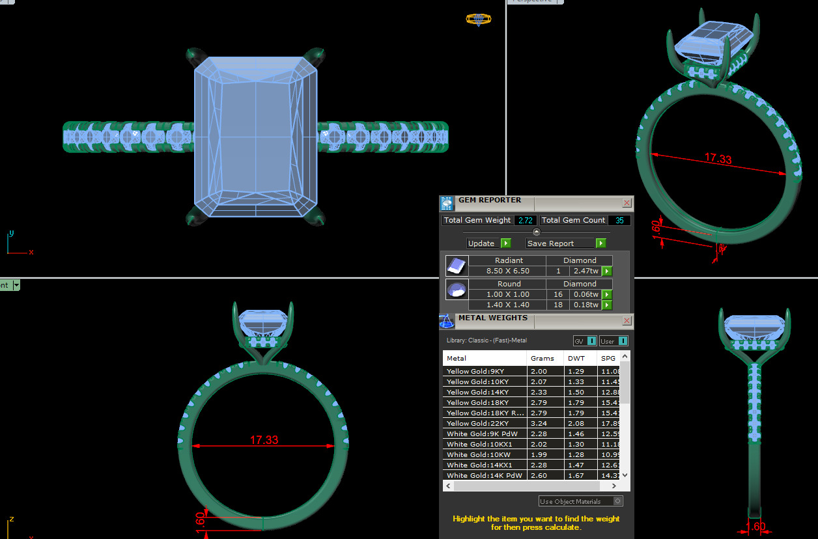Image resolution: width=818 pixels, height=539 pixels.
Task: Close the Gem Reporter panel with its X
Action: tap(627, 203)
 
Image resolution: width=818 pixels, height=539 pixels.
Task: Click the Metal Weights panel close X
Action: tap(627, 321)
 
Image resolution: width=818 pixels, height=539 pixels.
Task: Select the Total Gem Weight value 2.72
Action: tap(525, 221)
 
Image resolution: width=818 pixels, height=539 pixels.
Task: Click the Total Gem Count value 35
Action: tap(619, 221)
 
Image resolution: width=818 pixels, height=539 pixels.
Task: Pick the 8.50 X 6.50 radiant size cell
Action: tap(509, 271)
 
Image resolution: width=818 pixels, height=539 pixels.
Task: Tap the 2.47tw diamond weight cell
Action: tap(584, 271)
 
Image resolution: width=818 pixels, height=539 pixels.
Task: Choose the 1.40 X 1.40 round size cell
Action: tap(509, 305)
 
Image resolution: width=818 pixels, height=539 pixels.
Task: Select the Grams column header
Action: tap(543, 359)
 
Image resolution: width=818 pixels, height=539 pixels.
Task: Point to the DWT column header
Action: tap(576, 359)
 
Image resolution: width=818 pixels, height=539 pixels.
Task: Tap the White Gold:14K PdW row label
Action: tap(483, 476)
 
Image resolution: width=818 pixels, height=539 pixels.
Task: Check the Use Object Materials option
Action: tap(618, 501)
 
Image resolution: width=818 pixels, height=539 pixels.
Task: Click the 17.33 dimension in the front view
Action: tap(264, 440)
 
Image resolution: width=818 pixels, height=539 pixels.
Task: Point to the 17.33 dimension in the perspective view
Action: tap(718, 159)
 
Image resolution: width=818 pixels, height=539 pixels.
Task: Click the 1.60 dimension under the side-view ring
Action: tap(755, 527)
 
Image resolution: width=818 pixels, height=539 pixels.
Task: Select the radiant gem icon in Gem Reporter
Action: tap(456, 266)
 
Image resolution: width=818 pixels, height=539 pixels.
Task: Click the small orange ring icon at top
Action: tap(479, 20)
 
